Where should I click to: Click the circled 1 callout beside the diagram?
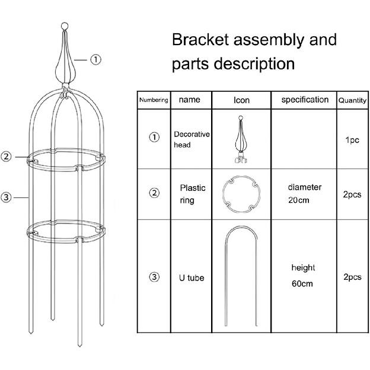coord(96,59)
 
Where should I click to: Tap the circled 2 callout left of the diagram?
coord(7,157)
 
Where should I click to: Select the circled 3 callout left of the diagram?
coord(7,197)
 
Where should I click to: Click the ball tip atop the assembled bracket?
coord(65,26)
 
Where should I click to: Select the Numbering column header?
coord(154,100)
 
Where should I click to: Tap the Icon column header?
coord(241,100)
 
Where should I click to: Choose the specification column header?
coord(305,100)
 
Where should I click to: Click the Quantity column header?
coord(352,101)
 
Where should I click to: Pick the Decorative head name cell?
coord(192,139)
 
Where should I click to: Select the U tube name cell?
coord(192,277)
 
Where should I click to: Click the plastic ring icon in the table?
coord(241,194)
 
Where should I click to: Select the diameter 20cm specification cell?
coord(305,193)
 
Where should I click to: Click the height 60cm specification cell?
coord(303,276)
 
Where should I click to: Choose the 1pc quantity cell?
coord(352,141)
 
